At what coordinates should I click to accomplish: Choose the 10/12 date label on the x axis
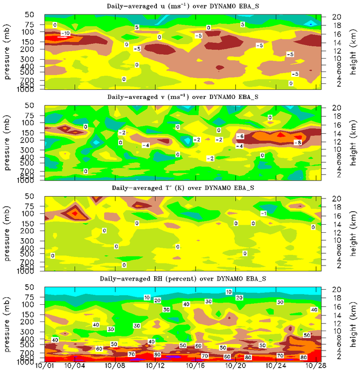[x=154, y=366]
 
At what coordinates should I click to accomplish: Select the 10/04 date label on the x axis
[x=74, y=366]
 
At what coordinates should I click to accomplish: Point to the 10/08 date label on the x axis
[x=114, y=366]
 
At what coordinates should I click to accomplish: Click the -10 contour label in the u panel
[x=65, y=34]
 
